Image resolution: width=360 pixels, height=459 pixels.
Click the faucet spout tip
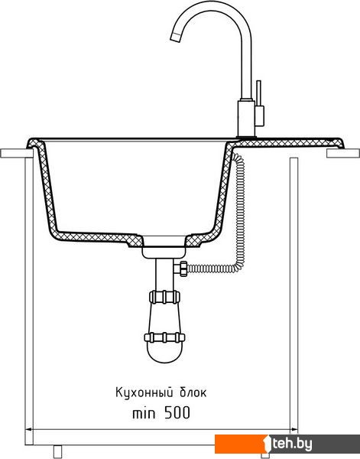(175, 37)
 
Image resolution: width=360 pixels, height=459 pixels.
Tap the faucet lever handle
(258, 93)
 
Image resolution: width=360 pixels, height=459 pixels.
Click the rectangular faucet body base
(246, 119)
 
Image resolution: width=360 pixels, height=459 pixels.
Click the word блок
(193, 392)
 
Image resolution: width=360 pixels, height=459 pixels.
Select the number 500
(177, 413)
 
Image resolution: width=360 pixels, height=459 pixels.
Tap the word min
(144, 413)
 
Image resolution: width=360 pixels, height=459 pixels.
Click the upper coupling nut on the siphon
(164, 297)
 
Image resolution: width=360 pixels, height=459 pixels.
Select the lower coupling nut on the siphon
(164, 337)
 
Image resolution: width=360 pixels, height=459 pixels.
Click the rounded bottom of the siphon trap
(164, 353)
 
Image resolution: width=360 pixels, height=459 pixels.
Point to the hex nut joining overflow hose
(183, 269)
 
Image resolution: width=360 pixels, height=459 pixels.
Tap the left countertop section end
(17, 154)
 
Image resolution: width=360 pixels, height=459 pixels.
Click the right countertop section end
(343, 154)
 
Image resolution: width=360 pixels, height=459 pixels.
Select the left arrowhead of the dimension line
(28, 430)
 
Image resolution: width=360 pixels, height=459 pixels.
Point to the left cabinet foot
(57, 451)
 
